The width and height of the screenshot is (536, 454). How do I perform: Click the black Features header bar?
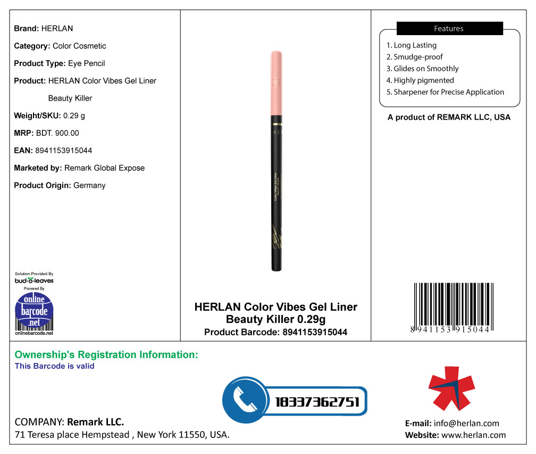(449, 29)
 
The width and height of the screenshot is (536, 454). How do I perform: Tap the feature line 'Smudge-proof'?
(418, 57)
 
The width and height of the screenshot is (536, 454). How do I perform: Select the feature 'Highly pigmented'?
(423, 80)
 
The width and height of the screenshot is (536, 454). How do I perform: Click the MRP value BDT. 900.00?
(56, 133)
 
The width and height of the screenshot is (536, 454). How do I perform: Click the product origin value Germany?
(89, 185)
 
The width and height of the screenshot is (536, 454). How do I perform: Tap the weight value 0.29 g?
(74, 115)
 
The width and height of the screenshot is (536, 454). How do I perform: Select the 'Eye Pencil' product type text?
(87, 63)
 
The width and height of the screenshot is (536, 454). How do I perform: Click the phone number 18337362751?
(317, 402)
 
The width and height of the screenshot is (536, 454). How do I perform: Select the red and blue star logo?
(451, 388)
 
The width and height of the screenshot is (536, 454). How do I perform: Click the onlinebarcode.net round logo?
(34, 312)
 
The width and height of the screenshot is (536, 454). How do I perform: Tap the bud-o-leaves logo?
(34, 280)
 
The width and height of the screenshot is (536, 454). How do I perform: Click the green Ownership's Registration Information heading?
(106, 354)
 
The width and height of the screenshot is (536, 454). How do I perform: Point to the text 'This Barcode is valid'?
(54, 366)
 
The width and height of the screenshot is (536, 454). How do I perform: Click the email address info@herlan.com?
(466, 424)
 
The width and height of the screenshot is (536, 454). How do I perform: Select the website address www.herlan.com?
(473, 435)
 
